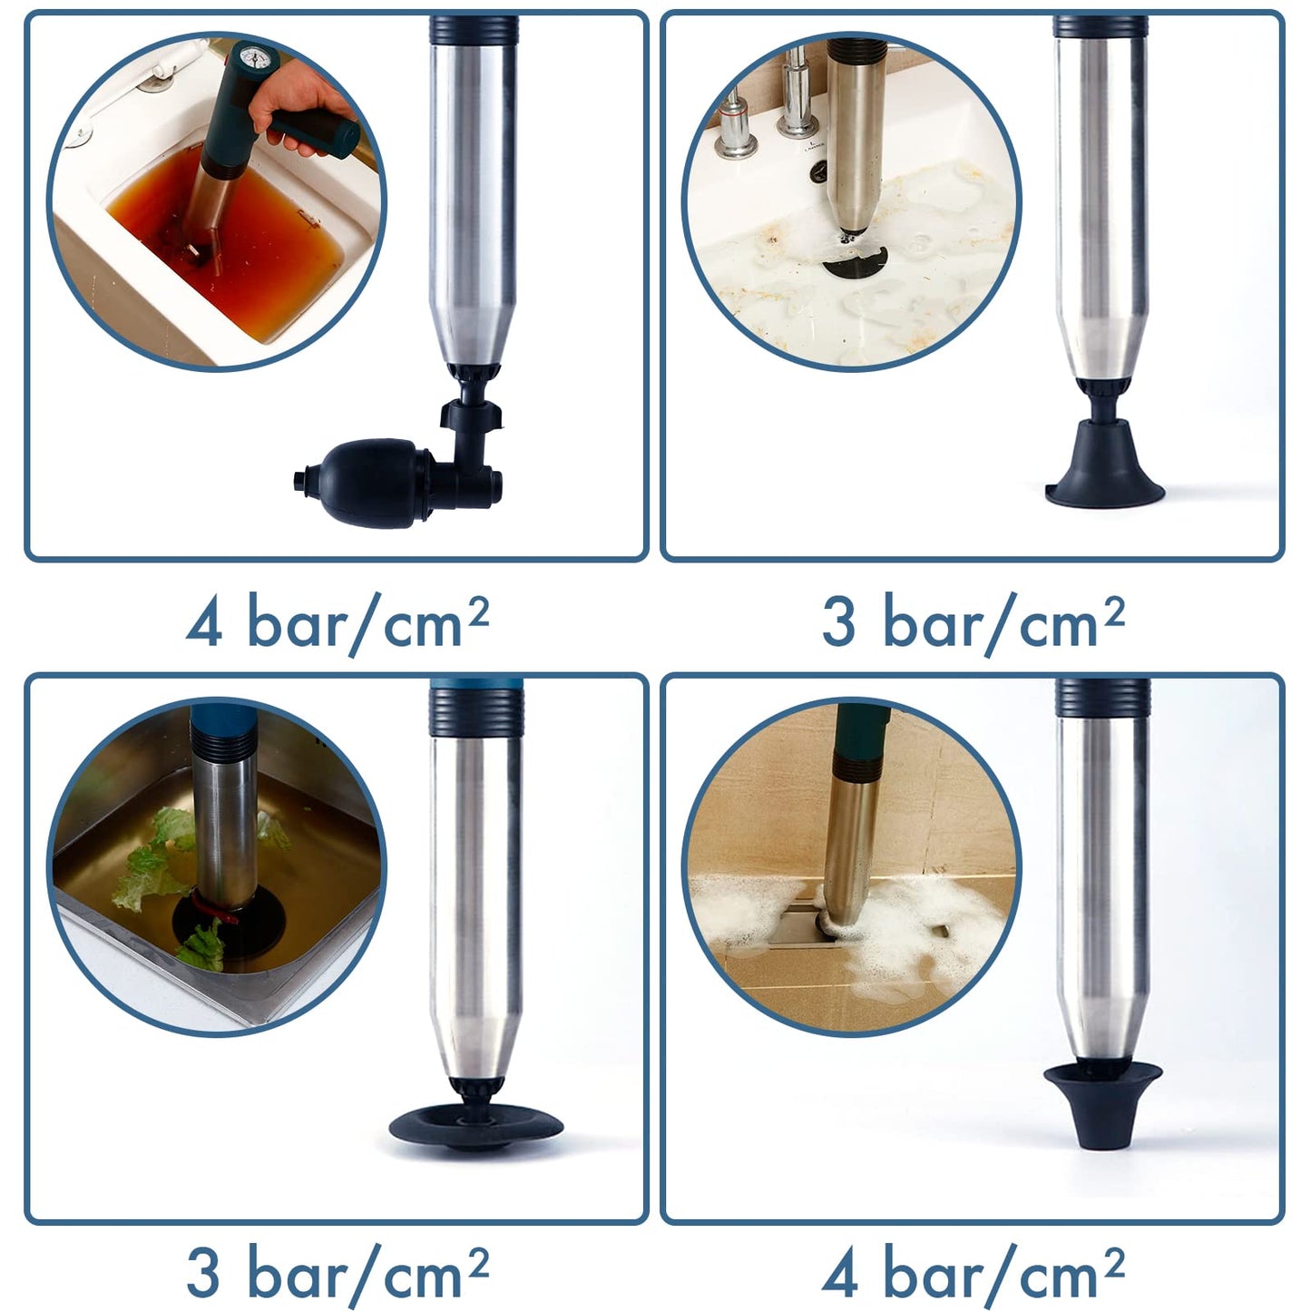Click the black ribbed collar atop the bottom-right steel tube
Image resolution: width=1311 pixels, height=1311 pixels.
click(x=1103, y=698)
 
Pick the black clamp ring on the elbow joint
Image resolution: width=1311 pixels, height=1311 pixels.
click(x=471, y=414)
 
